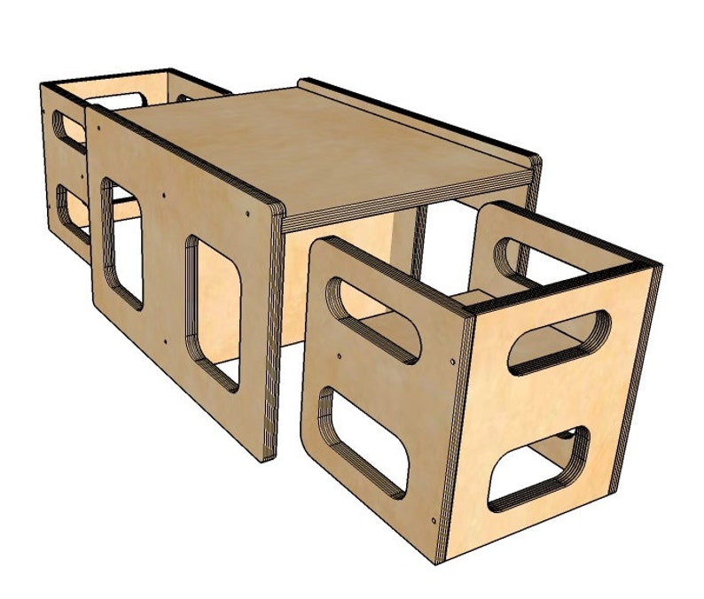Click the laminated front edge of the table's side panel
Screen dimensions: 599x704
[x=270, y=337]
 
